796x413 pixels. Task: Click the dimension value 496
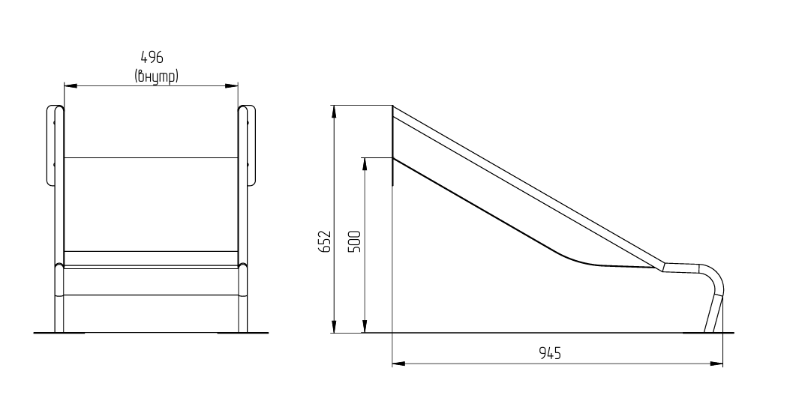pos(152,57)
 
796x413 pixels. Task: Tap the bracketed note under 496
pos(156,76)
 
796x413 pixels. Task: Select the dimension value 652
pos(326,241)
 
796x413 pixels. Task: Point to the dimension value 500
pos(356,241)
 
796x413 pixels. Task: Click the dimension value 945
pos(550,352)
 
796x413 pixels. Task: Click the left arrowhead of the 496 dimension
pos(70,86)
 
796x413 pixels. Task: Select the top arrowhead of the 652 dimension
pos(334,112)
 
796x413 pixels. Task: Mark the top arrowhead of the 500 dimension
pos(364,164)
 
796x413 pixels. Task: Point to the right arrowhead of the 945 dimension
pos(716,364)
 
